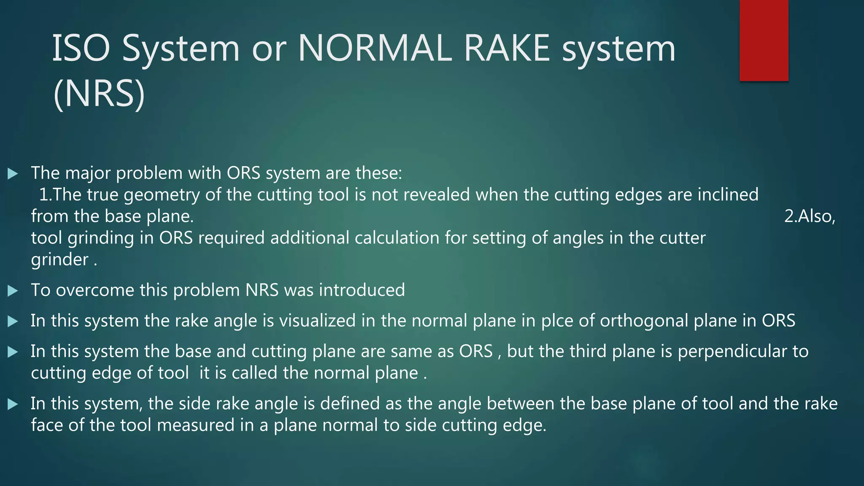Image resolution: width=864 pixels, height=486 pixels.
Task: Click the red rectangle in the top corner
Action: [764, 40]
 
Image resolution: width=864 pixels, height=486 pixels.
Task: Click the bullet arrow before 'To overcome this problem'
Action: [13, 291]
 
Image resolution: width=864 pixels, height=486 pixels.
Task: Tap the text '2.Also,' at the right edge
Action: [810, 216]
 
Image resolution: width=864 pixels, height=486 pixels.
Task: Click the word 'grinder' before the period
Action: [59, 260]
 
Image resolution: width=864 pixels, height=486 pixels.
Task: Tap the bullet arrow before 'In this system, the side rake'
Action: [13, 404]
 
